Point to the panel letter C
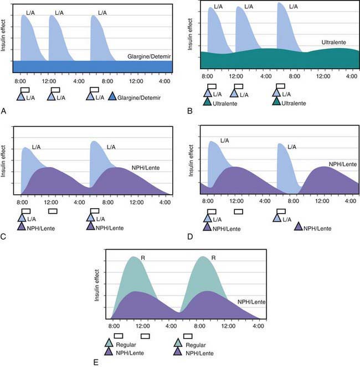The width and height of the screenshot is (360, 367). click(x=4, y=237)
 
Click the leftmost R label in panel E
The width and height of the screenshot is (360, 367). click(x=141, y=258)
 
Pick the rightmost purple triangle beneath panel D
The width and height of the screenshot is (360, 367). click(x=298, y=227)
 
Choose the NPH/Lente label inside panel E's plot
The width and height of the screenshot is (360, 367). click(x=253, y=301)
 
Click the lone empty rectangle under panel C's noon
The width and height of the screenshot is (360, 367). click(x=53, y=211)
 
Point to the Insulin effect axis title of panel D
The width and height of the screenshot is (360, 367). click(x=188, y=161)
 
